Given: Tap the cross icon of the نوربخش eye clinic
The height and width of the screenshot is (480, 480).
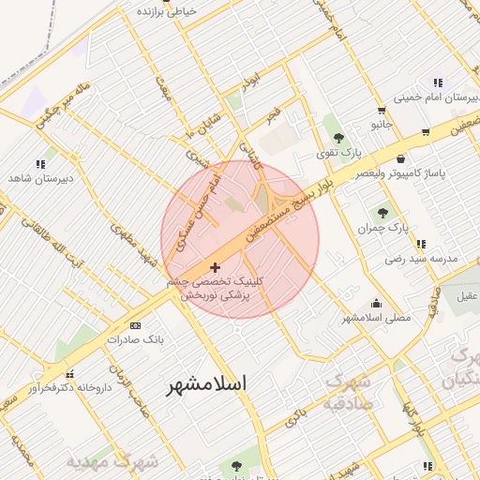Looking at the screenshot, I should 216,268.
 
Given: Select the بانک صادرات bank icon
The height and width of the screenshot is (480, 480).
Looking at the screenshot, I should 135,325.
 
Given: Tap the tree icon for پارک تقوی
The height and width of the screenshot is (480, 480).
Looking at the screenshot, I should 338,138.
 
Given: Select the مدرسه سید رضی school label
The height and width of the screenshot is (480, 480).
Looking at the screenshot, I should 421,257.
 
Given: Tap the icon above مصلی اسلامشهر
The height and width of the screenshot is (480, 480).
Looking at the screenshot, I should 377,303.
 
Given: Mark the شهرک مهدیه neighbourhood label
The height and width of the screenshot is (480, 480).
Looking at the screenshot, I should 112,463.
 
